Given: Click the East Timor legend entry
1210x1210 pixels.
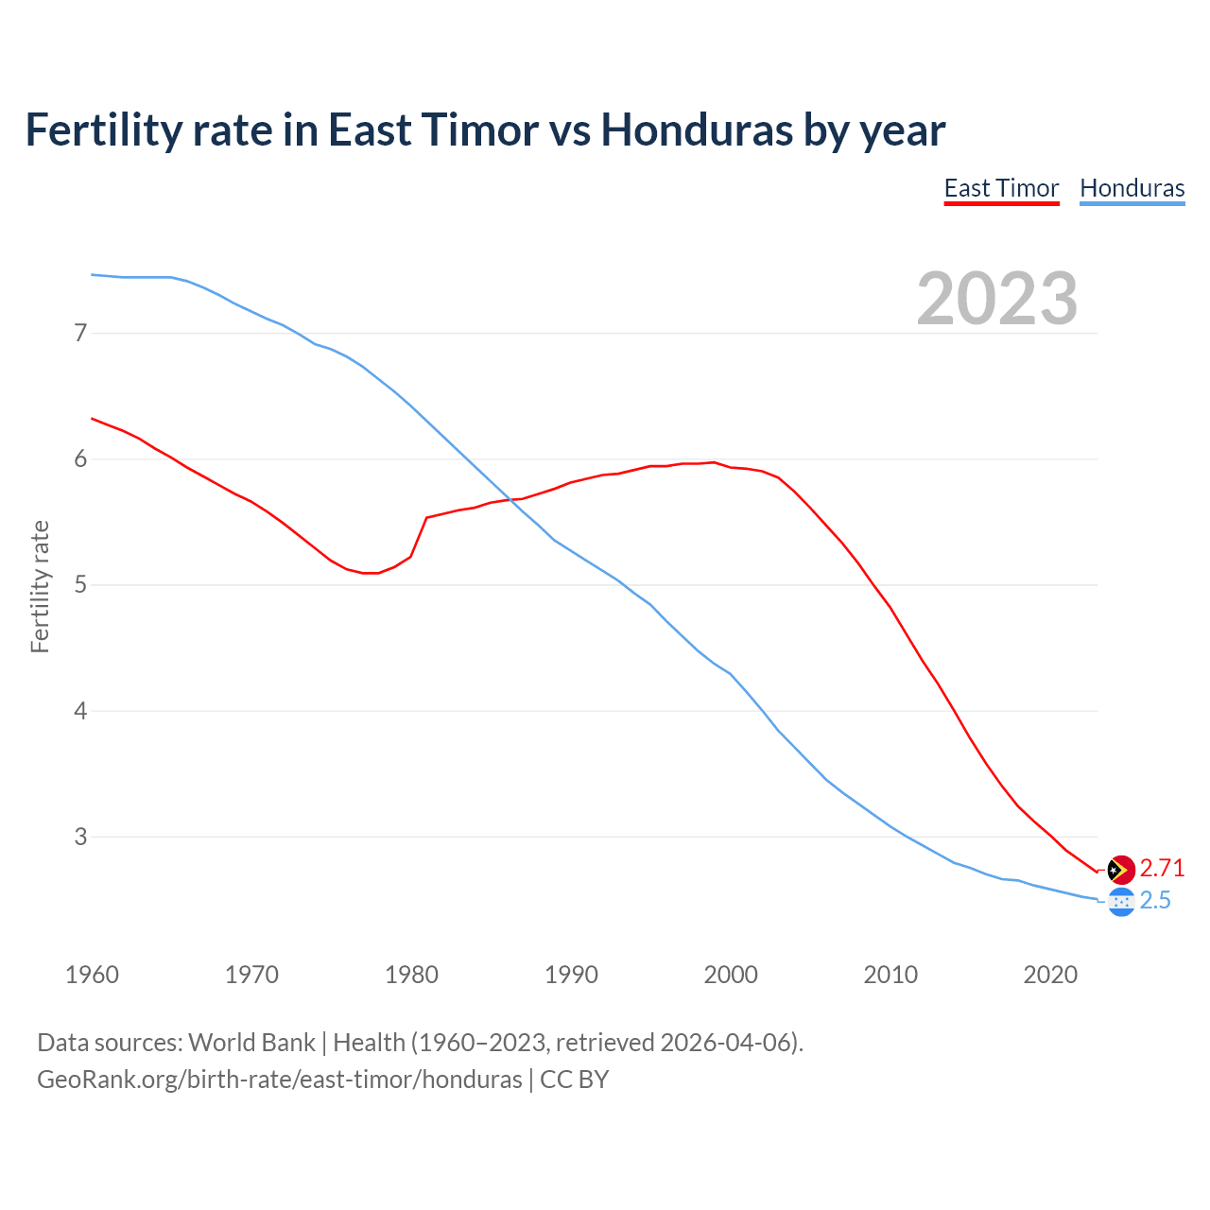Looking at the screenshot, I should (1001, 188).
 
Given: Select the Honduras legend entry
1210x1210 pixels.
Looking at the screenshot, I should (1132, 188).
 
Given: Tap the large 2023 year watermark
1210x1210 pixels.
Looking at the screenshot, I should (996, 299).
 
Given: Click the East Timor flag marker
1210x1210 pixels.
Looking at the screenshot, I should (1121, 869).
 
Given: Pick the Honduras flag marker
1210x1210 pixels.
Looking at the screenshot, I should (1121, 902).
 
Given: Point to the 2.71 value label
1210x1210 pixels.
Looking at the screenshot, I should (1162, 868).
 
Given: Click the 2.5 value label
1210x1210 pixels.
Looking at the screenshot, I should (1155, 901).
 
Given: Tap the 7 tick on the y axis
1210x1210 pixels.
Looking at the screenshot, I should (80, 333).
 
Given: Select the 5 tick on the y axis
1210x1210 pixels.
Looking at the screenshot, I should (80, 584).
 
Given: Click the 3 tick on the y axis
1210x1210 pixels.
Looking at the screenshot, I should (80, 837).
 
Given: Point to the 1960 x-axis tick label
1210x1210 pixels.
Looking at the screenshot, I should (92, 975).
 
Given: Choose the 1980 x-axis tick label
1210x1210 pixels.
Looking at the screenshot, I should (411, 975).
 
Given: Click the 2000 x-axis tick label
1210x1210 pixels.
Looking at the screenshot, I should (731, 975).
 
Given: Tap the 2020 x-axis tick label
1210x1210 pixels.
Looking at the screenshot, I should (1050, 975).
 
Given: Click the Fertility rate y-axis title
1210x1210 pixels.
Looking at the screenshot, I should (40, 586).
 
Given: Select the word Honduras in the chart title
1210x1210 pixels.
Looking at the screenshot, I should (698, 130).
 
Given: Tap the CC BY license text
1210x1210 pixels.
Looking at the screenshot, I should (574, 1080).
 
